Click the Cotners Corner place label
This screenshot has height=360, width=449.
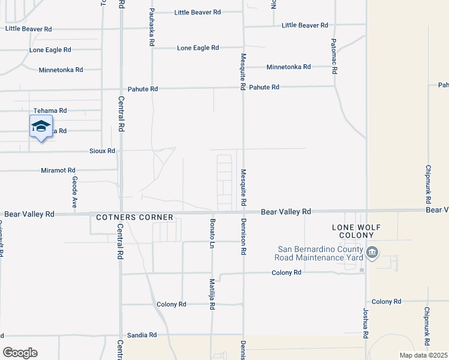(134, 217)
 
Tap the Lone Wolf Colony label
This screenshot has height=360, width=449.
(357, 232)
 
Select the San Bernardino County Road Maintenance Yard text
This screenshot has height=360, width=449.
(319, 253)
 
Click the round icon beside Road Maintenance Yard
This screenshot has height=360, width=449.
(372, 252)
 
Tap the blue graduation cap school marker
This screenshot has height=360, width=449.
(40, 127)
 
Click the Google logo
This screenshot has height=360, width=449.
(20, 353)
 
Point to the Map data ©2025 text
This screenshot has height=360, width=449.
(423, 355)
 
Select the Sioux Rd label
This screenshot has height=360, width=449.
(102, 151)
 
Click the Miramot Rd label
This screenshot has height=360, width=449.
(58, 170)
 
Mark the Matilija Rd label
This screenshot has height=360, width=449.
(212, 294)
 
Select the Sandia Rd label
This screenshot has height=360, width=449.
(142, 335)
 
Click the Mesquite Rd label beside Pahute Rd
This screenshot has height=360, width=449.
(243, 71)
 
